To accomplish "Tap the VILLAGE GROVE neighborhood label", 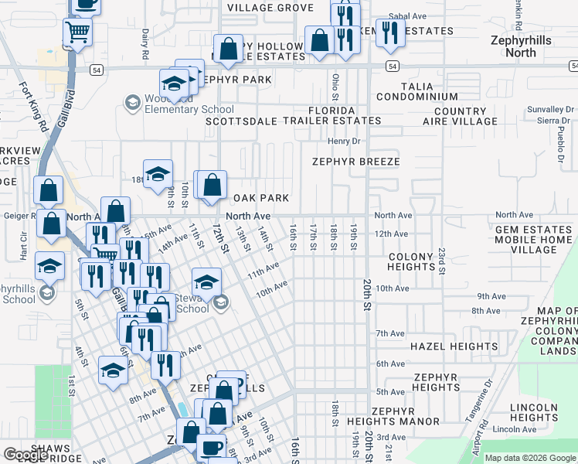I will (x=270, y=8).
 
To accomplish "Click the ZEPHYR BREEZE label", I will (x=355, y=162).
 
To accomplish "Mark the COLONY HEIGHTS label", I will (x=412, y=261).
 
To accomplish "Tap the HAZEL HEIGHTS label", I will (x=454, y=346).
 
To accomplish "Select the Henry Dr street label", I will (x=344, y=141).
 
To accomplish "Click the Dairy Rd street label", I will (x=145, y=45).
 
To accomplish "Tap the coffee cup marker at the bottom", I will (x=211, y=447).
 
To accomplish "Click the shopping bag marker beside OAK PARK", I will (x=211, y=186).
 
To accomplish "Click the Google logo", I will (x=26, y=455).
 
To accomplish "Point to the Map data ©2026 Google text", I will (x=530, y=458).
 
